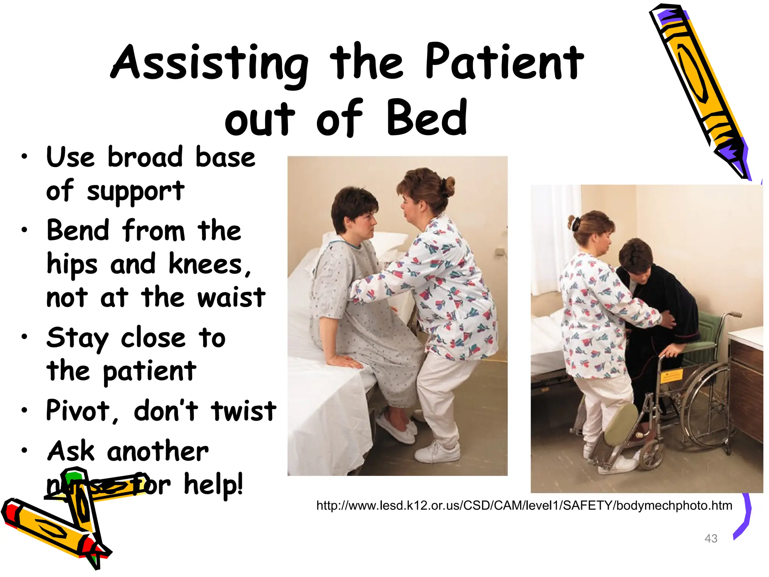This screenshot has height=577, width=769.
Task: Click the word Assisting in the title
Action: [209, 63]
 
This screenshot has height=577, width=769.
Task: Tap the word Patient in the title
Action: [504, 62]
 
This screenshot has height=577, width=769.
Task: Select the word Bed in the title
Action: [427, 119]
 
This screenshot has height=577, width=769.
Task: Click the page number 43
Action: [711, 538]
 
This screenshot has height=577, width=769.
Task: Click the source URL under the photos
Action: [524, 506]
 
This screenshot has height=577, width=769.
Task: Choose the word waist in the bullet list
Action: [231, 298]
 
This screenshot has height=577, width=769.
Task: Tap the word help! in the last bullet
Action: [213, 485]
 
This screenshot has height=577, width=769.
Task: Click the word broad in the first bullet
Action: [145, 157]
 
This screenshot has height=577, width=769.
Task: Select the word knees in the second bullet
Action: [206, 264]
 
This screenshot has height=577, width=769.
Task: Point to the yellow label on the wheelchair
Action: [671, 375]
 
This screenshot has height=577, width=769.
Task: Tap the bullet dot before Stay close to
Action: [24, 337]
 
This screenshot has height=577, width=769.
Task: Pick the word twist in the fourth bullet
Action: [243, 411]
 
